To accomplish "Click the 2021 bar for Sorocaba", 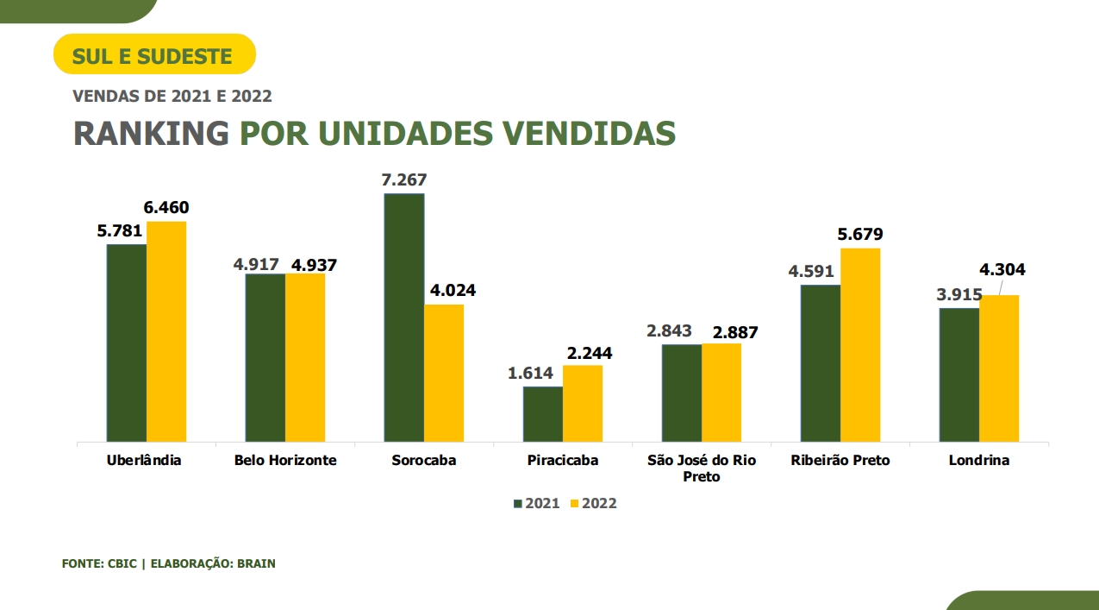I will click(x=404, y=318).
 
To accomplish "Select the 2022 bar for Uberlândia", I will click(x=166, y=331).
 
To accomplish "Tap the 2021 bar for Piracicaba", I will click(x=543, y=414).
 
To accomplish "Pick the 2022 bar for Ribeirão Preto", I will click(x=860, y=345).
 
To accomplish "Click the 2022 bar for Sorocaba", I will click(x=444, y=373).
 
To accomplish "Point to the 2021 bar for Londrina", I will click(x=959, y=374).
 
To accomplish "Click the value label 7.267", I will click(x=404, y=180).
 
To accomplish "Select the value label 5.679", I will click(x=860, y=235).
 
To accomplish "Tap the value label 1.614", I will click(x=530, y=374).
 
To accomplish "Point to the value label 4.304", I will click(x=1002, y=270).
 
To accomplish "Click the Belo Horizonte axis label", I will click(x=285, y=461).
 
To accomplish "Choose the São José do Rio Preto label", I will click(x=702, y=468).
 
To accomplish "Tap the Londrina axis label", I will click(x=979, y=461).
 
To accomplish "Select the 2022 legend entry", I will click(x=594, y=504).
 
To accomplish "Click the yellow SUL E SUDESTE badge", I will click(x=154, y=55).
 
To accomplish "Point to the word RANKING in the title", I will click(x=152, y=134).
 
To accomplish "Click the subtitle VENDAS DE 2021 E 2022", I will click(x=172, y=97).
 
